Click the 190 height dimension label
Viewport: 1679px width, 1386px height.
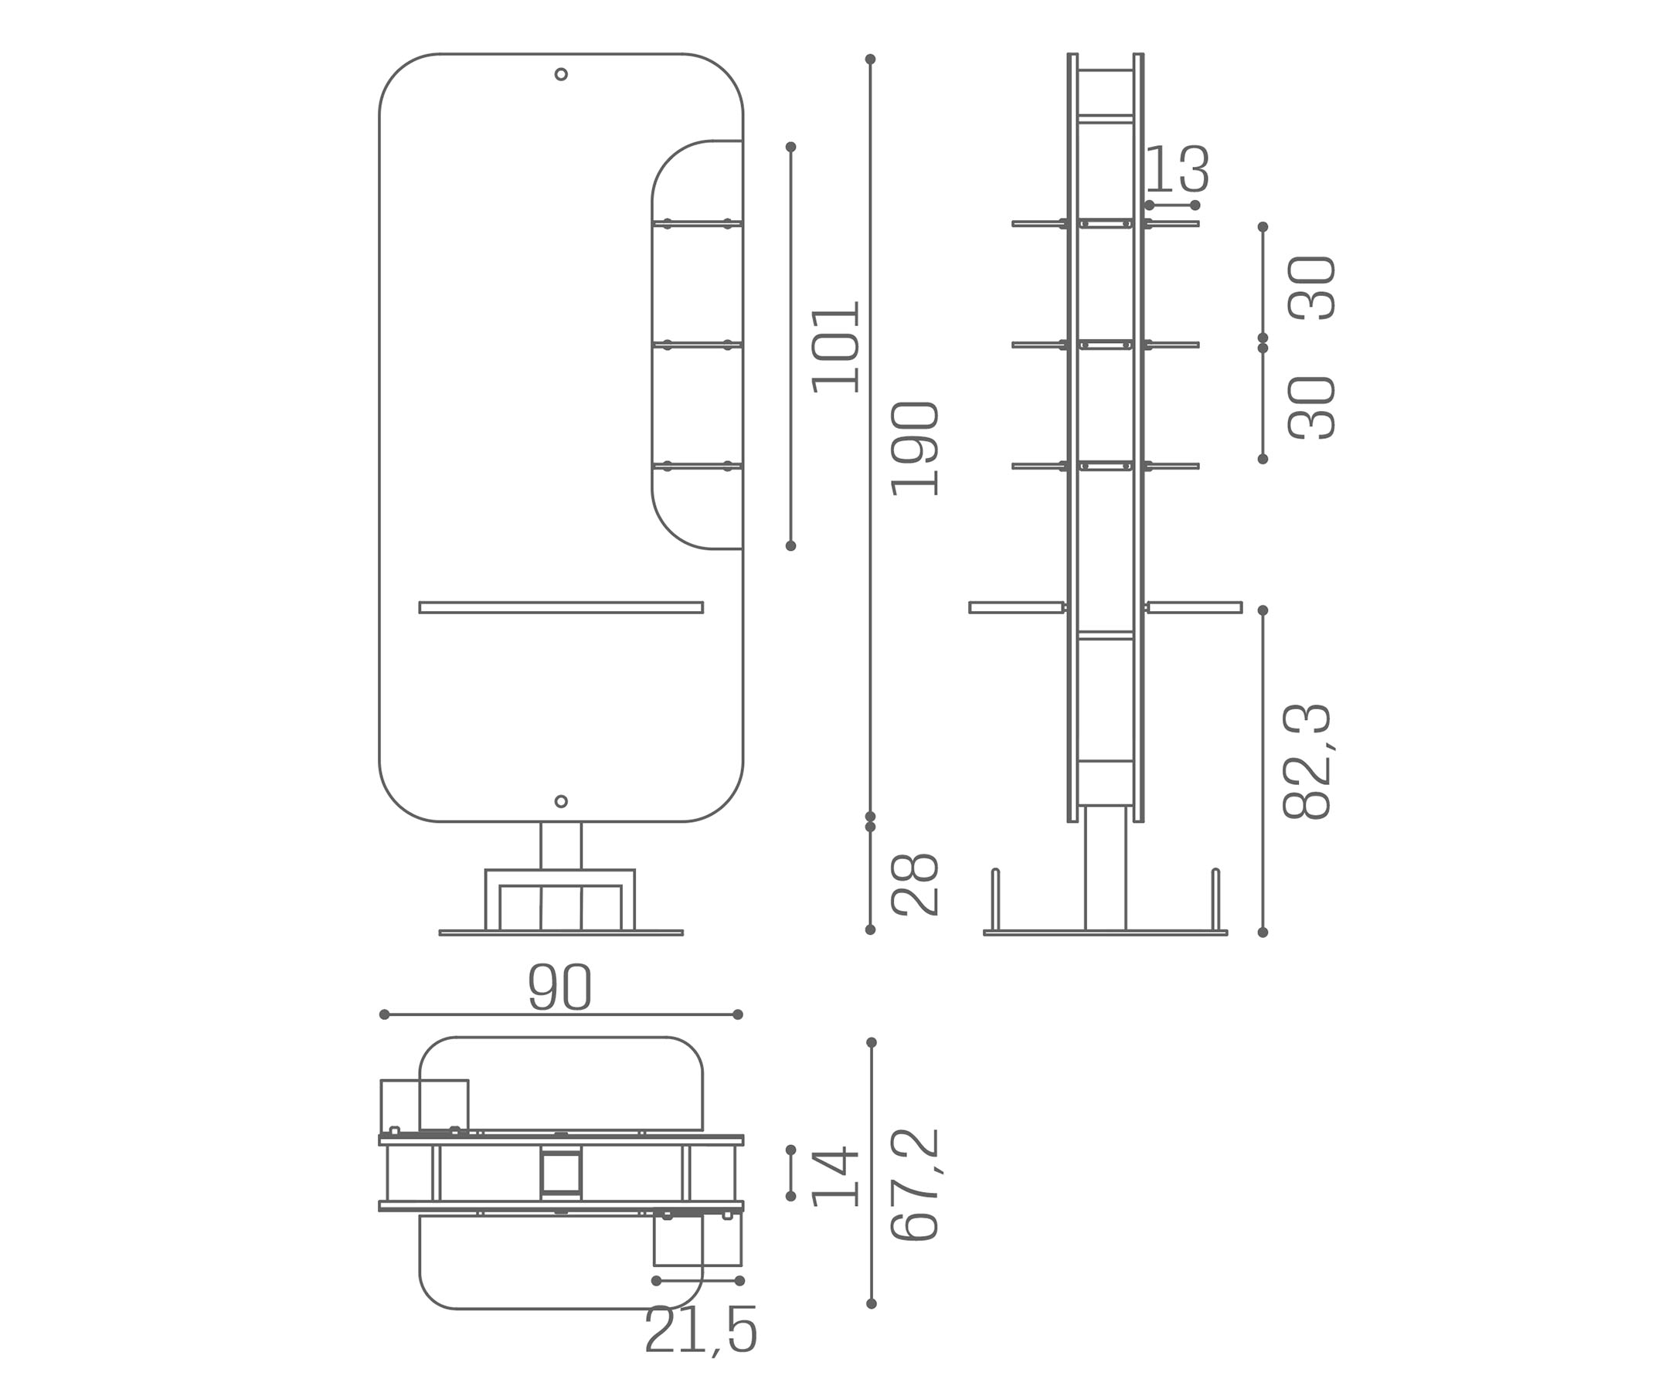(x=914, y=449)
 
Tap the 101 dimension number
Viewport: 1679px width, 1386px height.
(x=835, y=348)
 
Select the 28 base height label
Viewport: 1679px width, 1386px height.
(x=914, y=885)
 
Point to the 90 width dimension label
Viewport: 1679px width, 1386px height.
(x=559, y=987)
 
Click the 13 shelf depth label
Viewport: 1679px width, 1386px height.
(x=1178, y=169)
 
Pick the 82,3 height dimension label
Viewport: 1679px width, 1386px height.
(x=1307, y=762)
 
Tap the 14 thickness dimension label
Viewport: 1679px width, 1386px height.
(x=835, y=1177)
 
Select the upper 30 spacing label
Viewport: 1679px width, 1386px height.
(x=1312, y=288)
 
